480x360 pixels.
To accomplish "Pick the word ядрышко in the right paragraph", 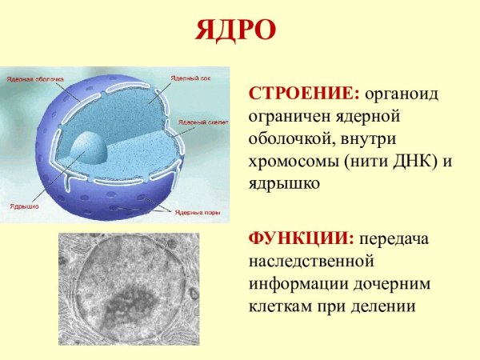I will pos(285,183).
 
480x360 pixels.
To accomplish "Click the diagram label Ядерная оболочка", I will pos(33,81).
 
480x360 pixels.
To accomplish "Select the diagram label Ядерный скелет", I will pos(202,121).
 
